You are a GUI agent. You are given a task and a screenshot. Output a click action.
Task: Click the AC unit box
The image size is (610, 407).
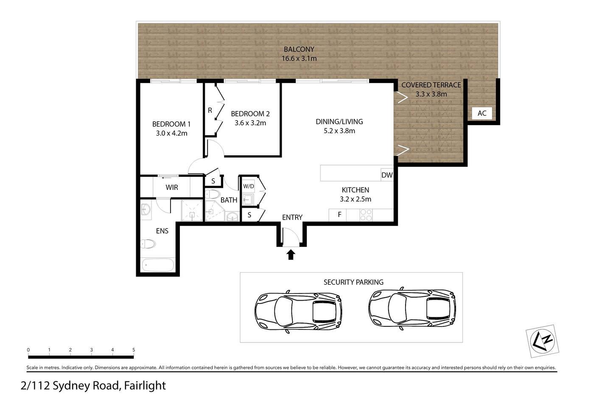[x=482, y=113]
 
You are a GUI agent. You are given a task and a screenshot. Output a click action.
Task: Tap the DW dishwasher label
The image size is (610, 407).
[x=387, y=175]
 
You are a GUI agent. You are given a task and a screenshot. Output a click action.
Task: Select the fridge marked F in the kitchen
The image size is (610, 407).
[x=338, y=215]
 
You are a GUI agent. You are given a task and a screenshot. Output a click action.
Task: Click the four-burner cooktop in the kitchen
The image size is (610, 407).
[x=366, y=215]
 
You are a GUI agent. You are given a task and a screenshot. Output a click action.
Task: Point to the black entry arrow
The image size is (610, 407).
[x=291, y=254]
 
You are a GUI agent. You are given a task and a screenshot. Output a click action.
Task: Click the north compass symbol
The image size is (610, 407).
[x=542, y=341]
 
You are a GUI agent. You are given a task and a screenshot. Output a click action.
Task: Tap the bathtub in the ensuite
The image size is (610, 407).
[x=158, y=265]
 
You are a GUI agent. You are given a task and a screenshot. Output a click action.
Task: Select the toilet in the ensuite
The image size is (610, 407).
[x=148, y=244]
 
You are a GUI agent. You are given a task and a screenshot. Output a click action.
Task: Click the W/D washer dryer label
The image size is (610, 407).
[x=248, y=186]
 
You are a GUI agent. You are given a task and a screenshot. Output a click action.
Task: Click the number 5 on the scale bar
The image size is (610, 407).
[x=134, y=350]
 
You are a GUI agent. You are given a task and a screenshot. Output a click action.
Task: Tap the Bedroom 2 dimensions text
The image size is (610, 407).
[x=250, y=123]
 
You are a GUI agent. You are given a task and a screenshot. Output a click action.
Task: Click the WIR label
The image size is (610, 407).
[x=171, y=187]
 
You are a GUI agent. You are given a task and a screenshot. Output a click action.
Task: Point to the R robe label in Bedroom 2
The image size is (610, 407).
[x=210, y=110]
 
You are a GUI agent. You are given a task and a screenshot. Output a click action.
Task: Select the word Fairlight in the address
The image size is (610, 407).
[x=145, y=385]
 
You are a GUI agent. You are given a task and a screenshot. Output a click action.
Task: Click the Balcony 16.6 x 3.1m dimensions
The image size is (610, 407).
[x=299, y=59]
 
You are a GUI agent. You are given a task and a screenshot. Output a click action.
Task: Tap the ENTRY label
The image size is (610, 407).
[x=292, y=217]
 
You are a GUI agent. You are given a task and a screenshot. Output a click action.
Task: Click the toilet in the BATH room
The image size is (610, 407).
[x=213, y=194]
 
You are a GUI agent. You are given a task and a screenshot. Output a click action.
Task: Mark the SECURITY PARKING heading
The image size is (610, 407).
[x=353, y=282]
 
